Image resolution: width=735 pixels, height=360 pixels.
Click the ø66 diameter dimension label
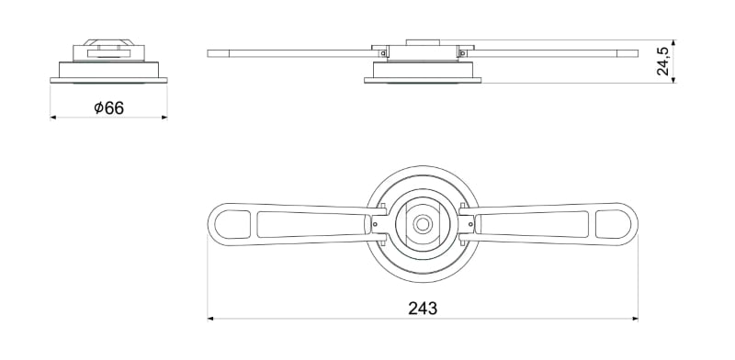pos(108,107)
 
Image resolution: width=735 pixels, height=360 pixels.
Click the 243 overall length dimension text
pos(422,308)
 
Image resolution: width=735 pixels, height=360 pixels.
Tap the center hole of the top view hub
pos(423,223)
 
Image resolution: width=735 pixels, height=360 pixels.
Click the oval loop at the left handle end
pos(231,223)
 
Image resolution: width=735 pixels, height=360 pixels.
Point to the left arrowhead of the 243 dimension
pos(212,319)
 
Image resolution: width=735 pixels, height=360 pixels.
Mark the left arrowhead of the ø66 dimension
pos(53,118)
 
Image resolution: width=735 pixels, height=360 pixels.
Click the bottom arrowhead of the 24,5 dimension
pos(675,80)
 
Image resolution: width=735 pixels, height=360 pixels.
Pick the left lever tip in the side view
pos(213,52)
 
